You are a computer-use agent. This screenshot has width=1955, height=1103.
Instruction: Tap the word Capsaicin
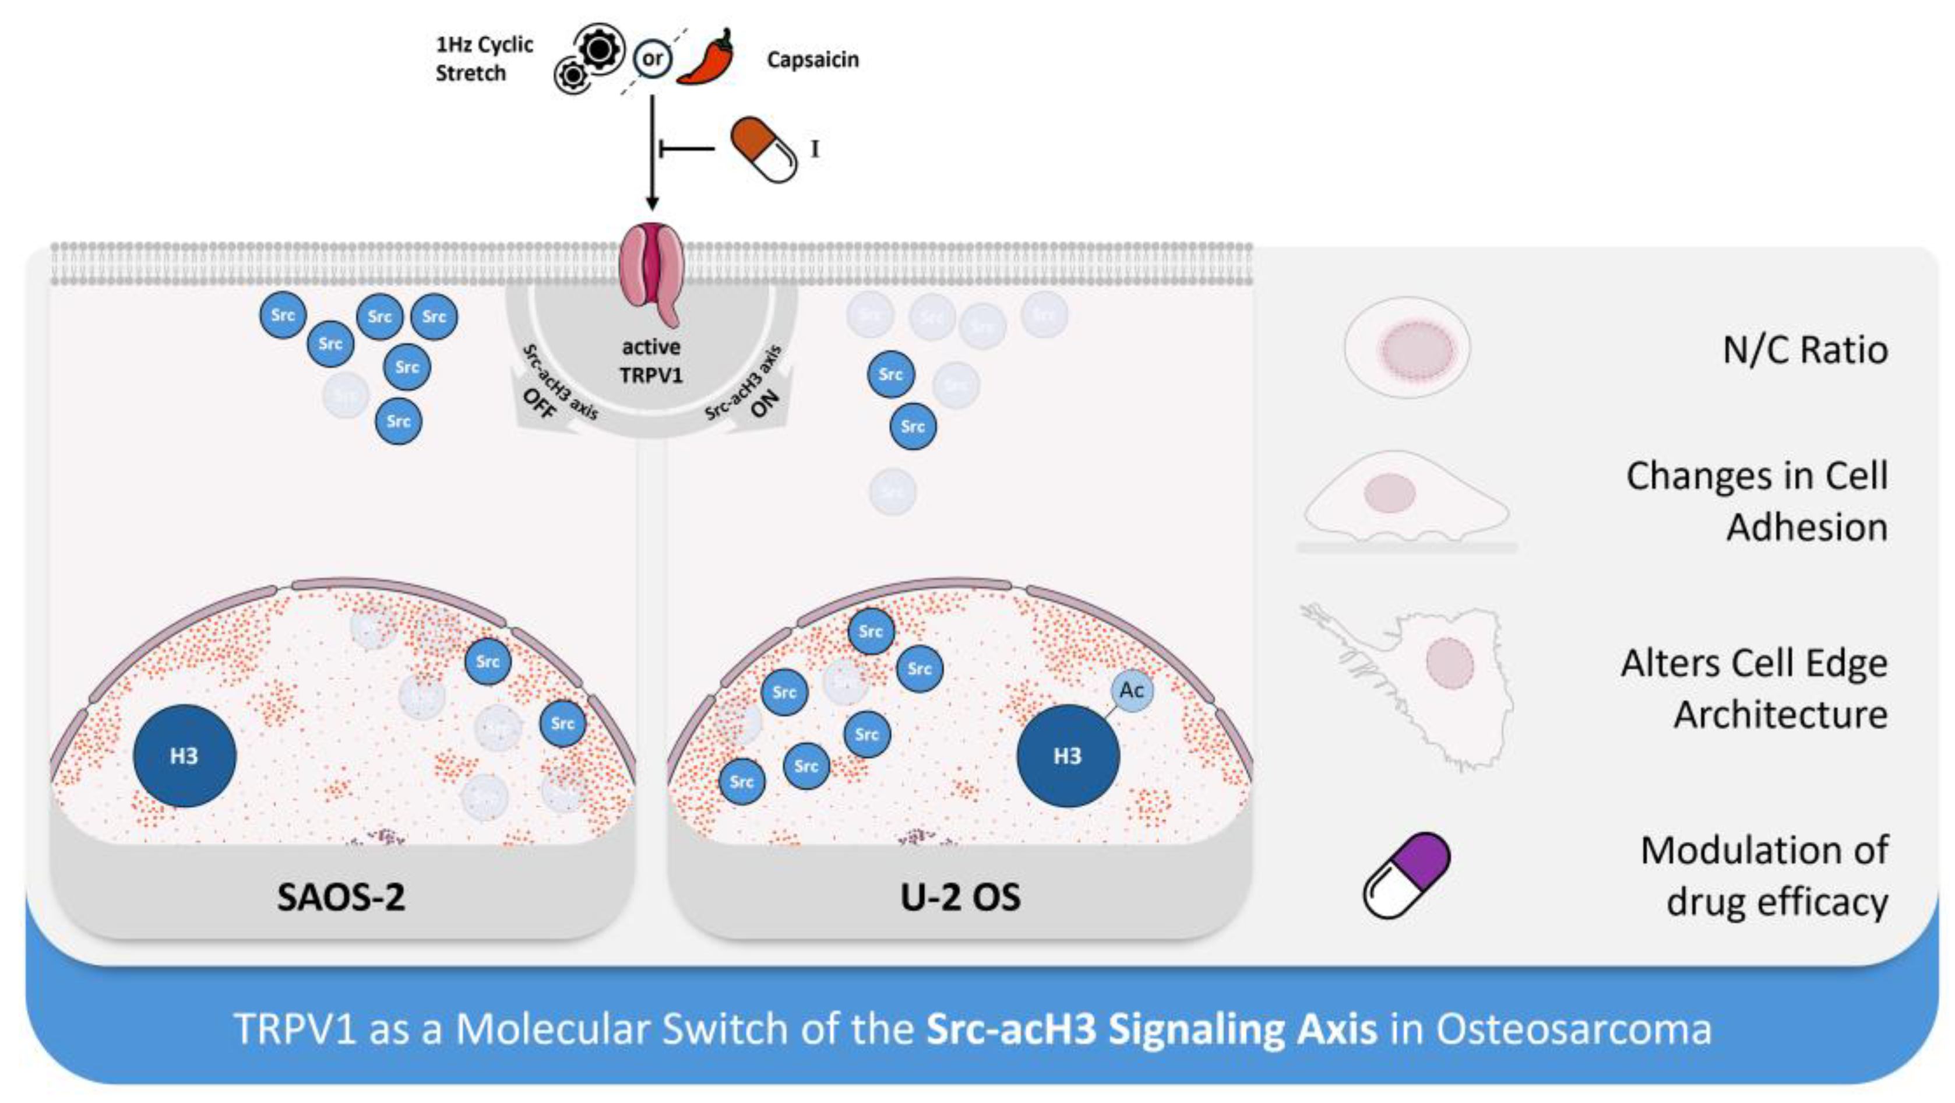point(812,59)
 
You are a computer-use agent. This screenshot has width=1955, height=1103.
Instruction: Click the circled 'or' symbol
point(653,58)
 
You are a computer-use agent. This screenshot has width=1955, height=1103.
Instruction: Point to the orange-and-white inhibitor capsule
point(763,149)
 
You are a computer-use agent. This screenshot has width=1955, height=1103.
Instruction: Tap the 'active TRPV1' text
point(651,361)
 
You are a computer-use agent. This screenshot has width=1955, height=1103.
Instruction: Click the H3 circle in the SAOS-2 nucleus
point(184,756)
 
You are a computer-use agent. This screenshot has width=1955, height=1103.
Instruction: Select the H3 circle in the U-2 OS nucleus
point(1067,756)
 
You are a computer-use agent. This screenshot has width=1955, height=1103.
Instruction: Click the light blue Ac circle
point(1132,690)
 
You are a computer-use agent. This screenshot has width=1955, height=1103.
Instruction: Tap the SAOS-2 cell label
point(341,897)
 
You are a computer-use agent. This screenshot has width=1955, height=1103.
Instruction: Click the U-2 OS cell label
point(960,897)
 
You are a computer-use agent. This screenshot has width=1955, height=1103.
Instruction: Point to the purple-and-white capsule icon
point(1406,875)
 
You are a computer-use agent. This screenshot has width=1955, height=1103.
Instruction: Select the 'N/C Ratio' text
point(1805,350)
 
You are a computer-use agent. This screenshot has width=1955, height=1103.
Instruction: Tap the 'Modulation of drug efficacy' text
point(1764,875)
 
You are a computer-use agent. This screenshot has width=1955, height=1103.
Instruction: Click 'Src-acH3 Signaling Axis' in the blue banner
point(1151,1030)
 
